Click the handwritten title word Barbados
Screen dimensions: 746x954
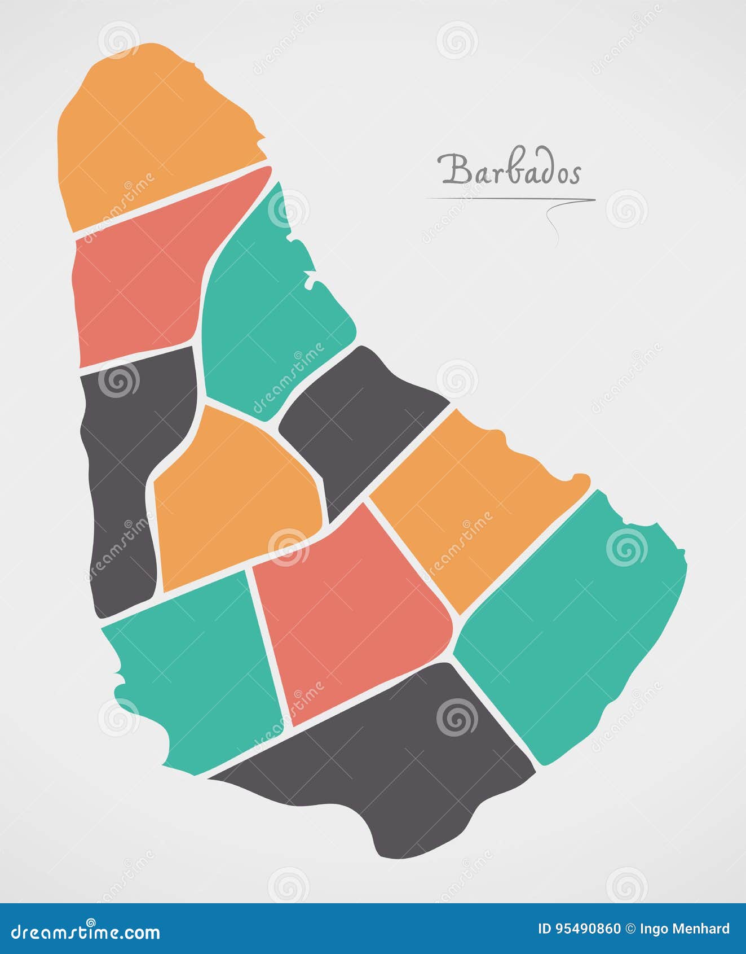coord(509,170)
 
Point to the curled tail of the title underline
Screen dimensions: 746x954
coord(553,220)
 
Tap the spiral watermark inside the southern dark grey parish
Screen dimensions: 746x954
coord(457,717)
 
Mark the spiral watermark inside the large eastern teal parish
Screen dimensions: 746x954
coord(626,548)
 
